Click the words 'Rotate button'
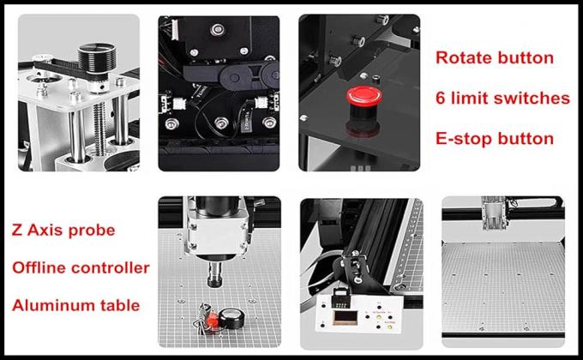(x=495, y=58)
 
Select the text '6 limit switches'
(x=502, y=98)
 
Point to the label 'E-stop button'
(x=495, y=137)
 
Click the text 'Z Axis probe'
(x=63, y=231)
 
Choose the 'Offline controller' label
(x=81, y=267)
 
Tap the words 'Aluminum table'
(x=75, y=304)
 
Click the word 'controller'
(x=112, y=267)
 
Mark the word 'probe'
(x=93, y=231)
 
